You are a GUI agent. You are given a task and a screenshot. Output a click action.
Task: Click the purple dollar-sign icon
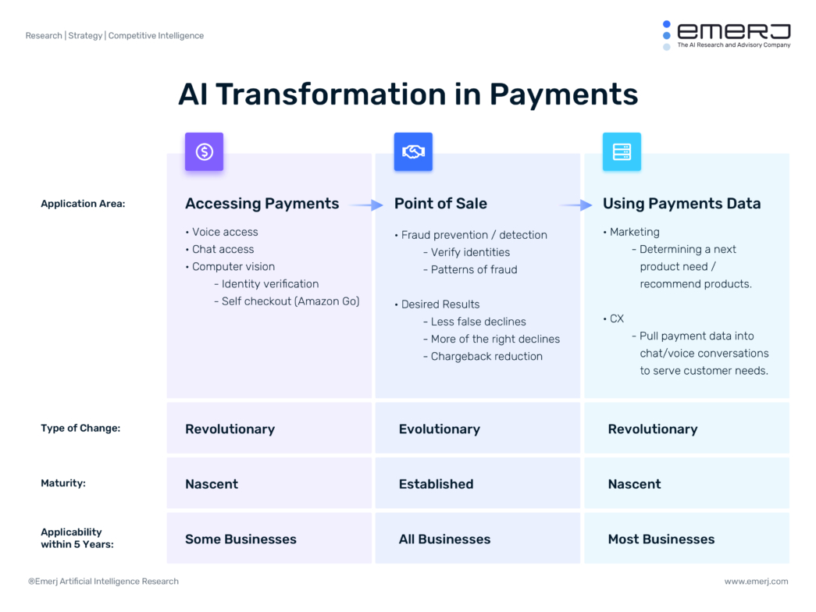[204, 151]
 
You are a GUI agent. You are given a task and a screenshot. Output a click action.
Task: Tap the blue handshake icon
[413, 151]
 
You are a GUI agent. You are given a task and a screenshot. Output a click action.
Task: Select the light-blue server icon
[622, 151]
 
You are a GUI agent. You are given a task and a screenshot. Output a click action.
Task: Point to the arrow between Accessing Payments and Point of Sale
[365, 205]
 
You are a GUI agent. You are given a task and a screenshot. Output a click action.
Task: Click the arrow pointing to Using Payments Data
[575, 205]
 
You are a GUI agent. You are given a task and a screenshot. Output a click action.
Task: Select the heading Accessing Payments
[262, 204]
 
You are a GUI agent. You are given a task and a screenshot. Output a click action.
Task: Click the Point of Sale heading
[440, 204]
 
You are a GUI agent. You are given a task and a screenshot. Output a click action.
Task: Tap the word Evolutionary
[439, 429]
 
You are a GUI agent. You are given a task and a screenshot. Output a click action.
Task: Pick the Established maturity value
[436, 484]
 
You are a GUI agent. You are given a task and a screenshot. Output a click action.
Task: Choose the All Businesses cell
[444, 539]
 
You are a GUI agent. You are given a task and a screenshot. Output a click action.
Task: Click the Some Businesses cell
[241, 539]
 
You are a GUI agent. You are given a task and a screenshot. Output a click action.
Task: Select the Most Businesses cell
[661, 539]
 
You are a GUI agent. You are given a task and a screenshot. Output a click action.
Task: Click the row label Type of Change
[80, 429]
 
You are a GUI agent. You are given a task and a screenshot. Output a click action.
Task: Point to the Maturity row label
[63, 483]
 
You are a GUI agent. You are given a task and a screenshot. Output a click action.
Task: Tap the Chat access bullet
[223, 249]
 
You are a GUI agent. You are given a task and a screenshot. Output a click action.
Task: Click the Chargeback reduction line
[486, 357]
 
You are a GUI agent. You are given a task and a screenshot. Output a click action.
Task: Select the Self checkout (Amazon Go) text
[290, 301]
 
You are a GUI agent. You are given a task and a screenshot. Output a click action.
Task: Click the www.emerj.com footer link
[756, 582]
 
